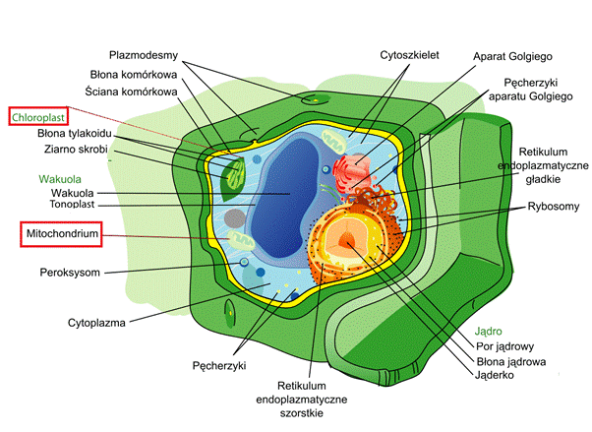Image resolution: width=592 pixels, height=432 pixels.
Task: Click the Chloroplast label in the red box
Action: tap(38, 117)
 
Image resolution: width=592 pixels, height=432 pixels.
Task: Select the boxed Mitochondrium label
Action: tap(62, 233)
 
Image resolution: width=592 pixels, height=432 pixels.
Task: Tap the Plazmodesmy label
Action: tap(144, 55)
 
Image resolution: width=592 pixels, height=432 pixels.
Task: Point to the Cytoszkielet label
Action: tap(409, 55)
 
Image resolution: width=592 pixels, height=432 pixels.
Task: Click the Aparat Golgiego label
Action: tap(512, 57)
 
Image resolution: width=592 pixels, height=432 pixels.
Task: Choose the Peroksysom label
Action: tap(70, 273)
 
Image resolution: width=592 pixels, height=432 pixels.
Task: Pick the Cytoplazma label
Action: tap(96, 323)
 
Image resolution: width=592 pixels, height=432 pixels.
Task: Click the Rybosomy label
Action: tap(554, 207)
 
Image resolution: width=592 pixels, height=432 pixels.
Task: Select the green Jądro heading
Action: tap(488, 332)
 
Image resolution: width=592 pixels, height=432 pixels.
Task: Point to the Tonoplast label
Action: tap(72, 205)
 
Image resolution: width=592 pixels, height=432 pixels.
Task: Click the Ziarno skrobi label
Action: tap(76, 150)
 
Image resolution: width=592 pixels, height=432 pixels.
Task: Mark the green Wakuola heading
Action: tap(60, 179)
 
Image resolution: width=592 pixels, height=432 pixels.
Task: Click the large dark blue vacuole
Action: tap(282, 197)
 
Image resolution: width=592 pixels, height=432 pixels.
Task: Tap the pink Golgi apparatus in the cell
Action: tap(350, 170)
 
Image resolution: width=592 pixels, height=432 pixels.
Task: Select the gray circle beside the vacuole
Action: tap(235, 218)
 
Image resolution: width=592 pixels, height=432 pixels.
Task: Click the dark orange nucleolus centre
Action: tap(346, 240)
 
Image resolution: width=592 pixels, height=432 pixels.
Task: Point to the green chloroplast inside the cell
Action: tap(232, 179)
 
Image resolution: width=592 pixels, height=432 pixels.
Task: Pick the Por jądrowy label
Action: tap(504, 346)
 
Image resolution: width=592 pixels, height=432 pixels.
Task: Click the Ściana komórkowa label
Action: tap(131, 92)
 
